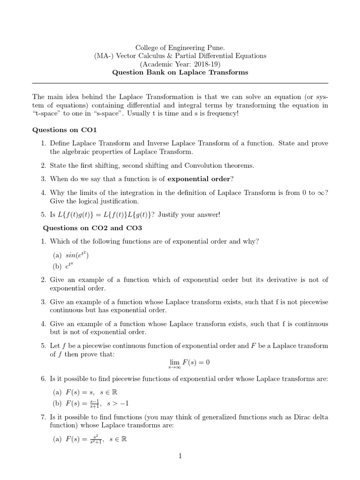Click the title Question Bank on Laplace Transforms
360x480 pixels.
click(180, 73)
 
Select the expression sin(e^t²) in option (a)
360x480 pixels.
click(77, 255)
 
